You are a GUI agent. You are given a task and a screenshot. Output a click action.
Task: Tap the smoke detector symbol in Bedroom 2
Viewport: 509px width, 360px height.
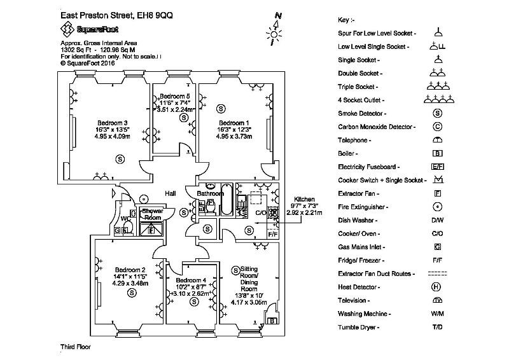coord(132,293)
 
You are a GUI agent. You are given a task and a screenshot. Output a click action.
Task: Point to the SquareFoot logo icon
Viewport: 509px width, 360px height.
coord(66,28)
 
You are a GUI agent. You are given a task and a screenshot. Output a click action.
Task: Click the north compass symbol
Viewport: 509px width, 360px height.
coord(275,29)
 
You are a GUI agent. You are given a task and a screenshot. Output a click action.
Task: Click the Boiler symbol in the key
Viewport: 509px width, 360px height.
coord(438,153)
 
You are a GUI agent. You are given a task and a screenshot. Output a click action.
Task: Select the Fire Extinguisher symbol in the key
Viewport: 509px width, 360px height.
coord(438,207)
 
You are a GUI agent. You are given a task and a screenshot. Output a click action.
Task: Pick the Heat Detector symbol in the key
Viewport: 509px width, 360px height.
coord(438,287)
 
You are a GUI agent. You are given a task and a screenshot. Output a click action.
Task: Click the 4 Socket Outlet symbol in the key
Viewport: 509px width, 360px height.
coord(438,99)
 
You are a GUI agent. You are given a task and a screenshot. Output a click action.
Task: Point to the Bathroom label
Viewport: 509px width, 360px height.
coord(210,193)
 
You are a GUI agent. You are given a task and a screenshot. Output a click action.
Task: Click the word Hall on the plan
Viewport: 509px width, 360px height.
coord(171,193)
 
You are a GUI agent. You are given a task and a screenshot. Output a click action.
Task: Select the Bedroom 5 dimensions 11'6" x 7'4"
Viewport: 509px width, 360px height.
coord(174,102)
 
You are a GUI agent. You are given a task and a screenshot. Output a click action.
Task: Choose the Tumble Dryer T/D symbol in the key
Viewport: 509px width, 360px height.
coord(438,327)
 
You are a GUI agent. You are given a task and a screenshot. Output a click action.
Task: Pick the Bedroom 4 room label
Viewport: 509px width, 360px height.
coord(191,280)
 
